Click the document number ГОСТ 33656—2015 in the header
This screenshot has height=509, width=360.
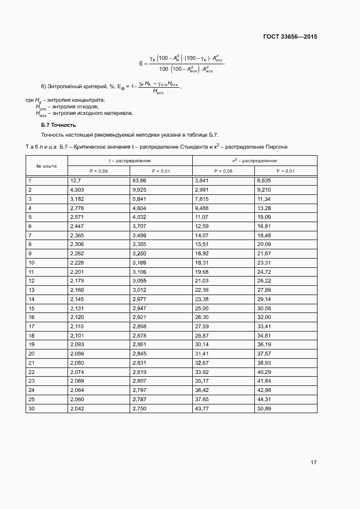pos(286,37)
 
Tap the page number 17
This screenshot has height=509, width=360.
pos(314,462)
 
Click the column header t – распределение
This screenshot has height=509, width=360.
pos(130,161)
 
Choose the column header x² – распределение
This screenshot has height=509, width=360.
pos(254,161)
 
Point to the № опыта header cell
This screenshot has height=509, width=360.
pos(46,165)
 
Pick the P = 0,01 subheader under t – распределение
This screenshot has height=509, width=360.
pos(161,171)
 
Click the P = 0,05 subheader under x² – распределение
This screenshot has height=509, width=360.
pos(223,171)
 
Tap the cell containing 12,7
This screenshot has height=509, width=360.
pos(75,180)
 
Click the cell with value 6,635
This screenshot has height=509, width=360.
pos(264,180)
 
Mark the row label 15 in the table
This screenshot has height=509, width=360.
pos(31,308)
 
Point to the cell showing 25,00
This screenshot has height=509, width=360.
pos(202,308)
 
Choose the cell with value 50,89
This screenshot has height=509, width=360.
pos(264,408)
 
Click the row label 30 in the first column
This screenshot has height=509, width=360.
pos(31,408)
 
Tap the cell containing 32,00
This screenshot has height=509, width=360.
pos(264,317)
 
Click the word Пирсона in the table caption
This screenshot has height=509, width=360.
pos(267,147)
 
